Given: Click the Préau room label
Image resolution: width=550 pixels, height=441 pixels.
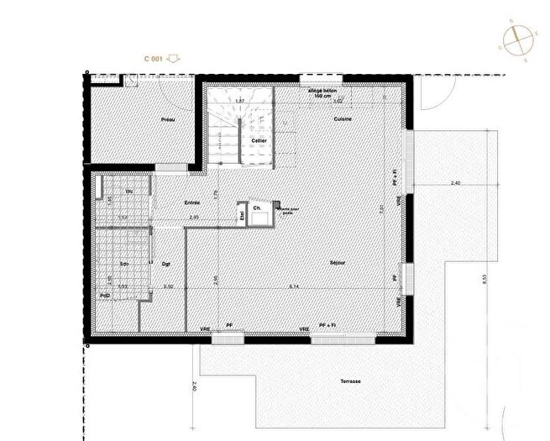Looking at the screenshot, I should pyautogui.click(x=167, y=121).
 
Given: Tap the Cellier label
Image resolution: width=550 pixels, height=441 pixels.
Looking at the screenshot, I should pyautogui.click(x=259, y=140).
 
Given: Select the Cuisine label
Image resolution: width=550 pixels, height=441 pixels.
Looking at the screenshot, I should pyautogui.click(x=342, y=119).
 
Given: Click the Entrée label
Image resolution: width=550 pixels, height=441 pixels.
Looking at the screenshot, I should pyautogui.click(x=193, y=202).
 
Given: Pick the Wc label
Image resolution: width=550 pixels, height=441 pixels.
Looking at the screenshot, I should pyautogui.click(x=129, y=192).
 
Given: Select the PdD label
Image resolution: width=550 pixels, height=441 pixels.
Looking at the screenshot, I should pyautogui.click(x=105, y=296).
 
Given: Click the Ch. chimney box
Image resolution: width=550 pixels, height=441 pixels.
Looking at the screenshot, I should pyautogui.click(x=258, y=207).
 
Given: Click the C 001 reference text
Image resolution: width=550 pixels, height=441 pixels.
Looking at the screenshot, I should pyautogui.click(x=154, y=59).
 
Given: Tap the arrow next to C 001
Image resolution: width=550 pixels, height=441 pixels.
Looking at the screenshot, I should pyautogui.click(x=175, y=59).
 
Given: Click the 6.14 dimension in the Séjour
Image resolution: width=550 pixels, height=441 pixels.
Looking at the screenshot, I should pyautogui.click(x=291, y=286).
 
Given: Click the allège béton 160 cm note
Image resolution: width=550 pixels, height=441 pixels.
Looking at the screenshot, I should pyautogui.click(x=322, y=92).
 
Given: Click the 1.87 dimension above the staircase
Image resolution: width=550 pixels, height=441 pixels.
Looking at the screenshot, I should pyautogui.click(x=239, y=102).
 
